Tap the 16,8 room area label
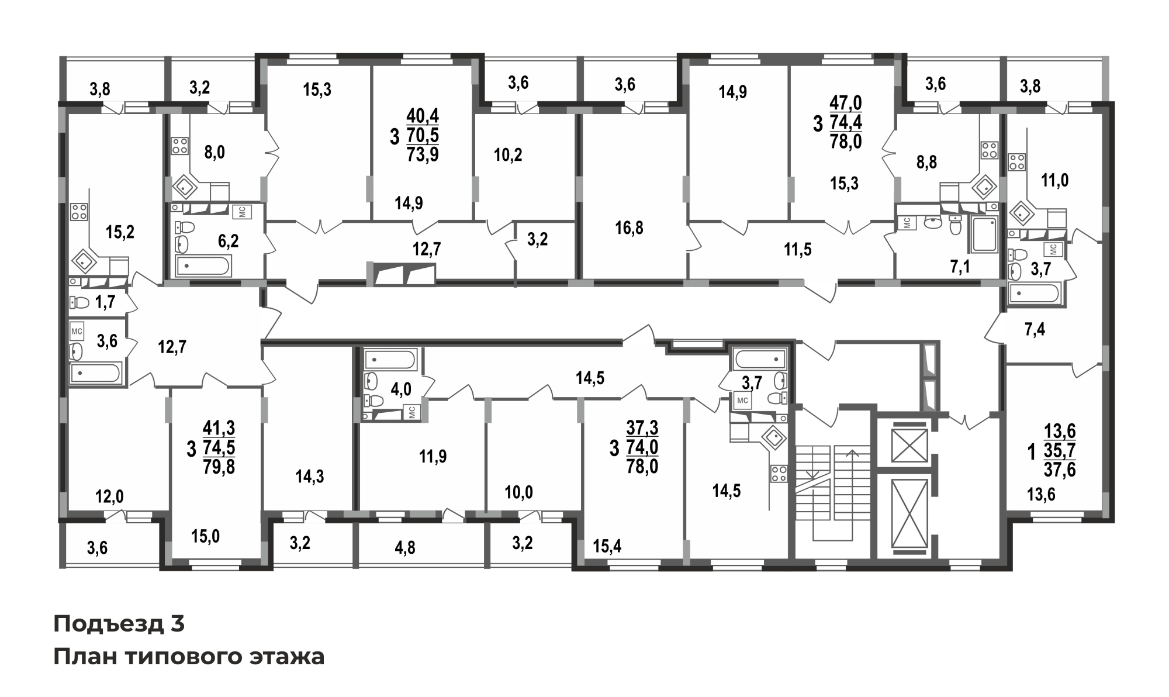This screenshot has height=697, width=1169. [629, 227]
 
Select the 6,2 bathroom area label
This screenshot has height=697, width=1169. [229, 240]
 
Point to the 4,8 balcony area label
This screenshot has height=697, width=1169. [405, 548]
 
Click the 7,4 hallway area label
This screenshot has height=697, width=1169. [1035, 330]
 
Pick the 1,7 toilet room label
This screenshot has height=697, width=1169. [105, 302]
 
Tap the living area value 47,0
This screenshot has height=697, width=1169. [846, 103]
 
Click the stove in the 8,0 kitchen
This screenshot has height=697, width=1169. [179, 146]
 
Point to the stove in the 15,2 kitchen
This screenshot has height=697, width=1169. [79, 212]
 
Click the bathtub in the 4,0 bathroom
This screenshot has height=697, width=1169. [390, 358]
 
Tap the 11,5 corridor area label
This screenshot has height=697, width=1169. [798, 250]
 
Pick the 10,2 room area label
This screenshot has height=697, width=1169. [508, 155]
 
